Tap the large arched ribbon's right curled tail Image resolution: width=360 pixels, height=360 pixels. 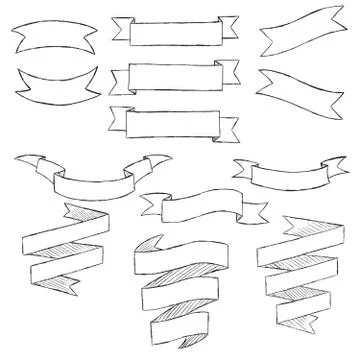point(157,162)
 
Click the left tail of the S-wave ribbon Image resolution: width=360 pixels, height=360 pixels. point(153,205)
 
